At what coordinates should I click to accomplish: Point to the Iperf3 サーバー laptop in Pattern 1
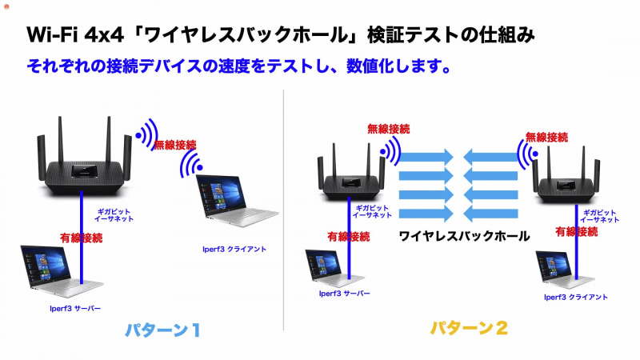[x=62, y=268]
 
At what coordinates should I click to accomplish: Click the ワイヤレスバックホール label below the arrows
[x=464, y=236]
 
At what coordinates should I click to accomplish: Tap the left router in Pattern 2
[x=345, y=174]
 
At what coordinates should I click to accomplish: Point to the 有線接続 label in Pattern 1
[x=81, y=237]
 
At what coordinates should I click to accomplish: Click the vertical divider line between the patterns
[x=284, y=208]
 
